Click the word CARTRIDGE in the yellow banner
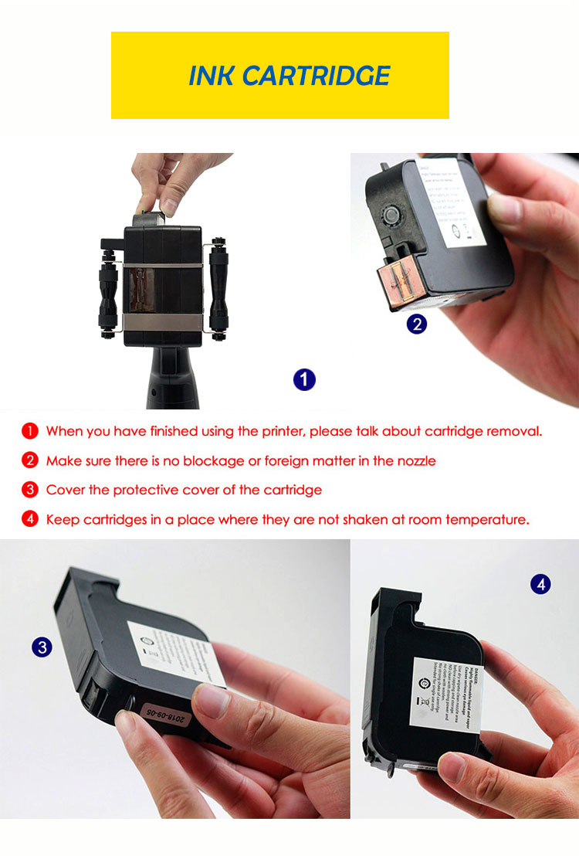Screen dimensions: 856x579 point(317,76)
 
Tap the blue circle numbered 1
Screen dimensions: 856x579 point(304,379)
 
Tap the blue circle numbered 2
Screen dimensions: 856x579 point(416,324)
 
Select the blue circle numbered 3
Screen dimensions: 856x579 point(42,647)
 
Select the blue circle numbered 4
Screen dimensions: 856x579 point(540,585)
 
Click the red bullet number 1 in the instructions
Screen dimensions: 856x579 point(29,431)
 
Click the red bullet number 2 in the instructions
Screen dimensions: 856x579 point(29,460)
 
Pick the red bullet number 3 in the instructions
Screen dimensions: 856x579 point(29,490)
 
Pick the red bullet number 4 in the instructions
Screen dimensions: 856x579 point(29,519)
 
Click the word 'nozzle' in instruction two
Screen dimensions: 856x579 point(416,461)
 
